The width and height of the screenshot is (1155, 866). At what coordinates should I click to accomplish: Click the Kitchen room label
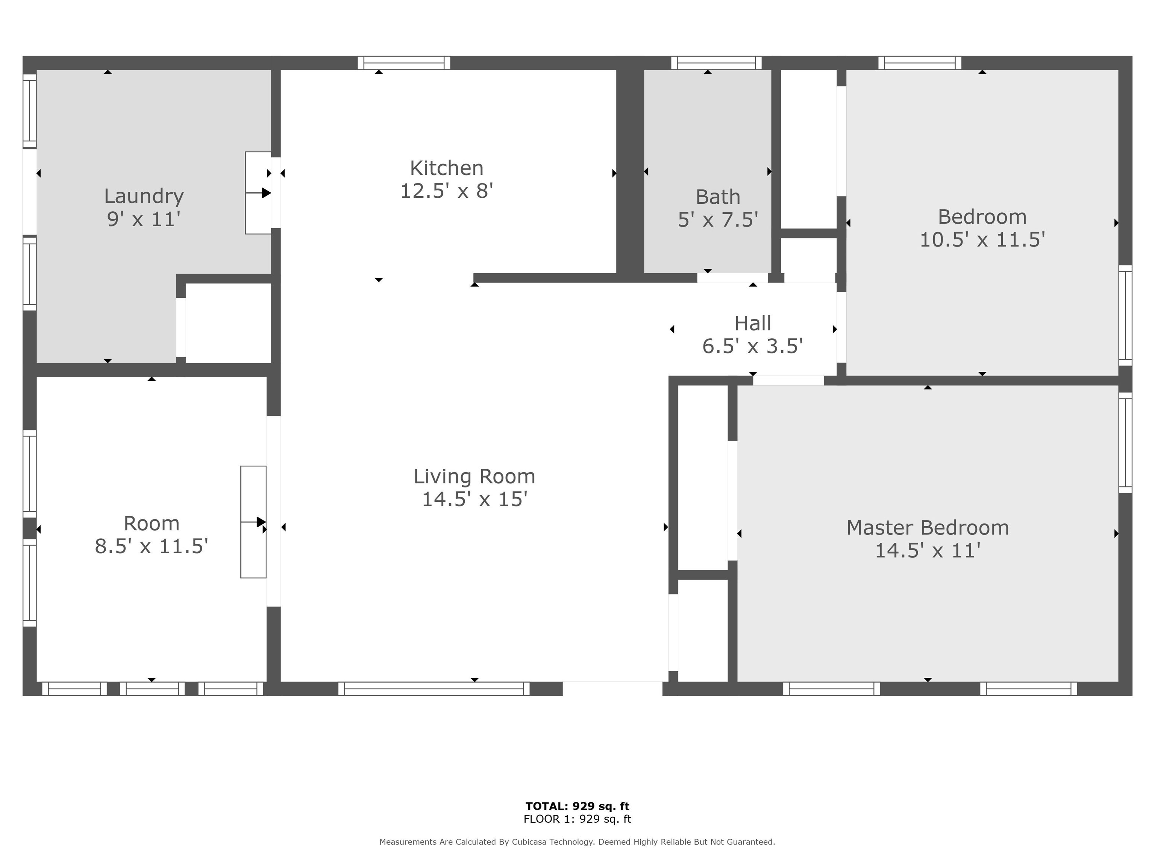pyautogui.click(x=446, y=168)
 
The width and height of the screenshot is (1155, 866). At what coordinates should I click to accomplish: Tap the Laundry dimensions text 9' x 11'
pyautogui.click(x=144, y=219)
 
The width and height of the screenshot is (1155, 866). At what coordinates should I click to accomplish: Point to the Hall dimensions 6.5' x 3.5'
pyautogui.click(x=752, y=346)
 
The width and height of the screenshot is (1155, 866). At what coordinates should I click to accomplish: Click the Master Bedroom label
pyautogui.click(x=927, y=528)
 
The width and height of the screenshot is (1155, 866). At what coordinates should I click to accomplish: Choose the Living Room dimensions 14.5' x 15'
pyautogui.click(x=474, y=499)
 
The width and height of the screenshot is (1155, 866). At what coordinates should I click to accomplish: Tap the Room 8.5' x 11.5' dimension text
pyautogui.click(x=152, y=546)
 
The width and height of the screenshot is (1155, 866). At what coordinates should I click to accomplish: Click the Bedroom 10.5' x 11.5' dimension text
pyautogui.click(x=982, y=239)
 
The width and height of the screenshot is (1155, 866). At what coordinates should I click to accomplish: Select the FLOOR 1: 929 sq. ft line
pyautogui.click(x=577, y=819)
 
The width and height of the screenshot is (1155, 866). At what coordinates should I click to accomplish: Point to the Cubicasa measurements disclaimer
pyautogui.click(x=577, y=842)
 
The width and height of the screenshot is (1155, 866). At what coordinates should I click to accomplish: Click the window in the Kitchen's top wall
pyautogui.click(x=404, y=63)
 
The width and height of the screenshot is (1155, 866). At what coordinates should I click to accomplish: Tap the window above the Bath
pyautogui.click(x=716, y=63)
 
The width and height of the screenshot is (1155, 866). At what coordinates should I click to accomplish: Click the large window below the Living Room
pyautogui.click(x=434, y=689)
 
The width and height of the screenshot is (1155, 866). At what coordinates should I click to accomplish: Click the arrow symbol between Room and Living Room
pyautogui.click(x=254, y=522)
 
